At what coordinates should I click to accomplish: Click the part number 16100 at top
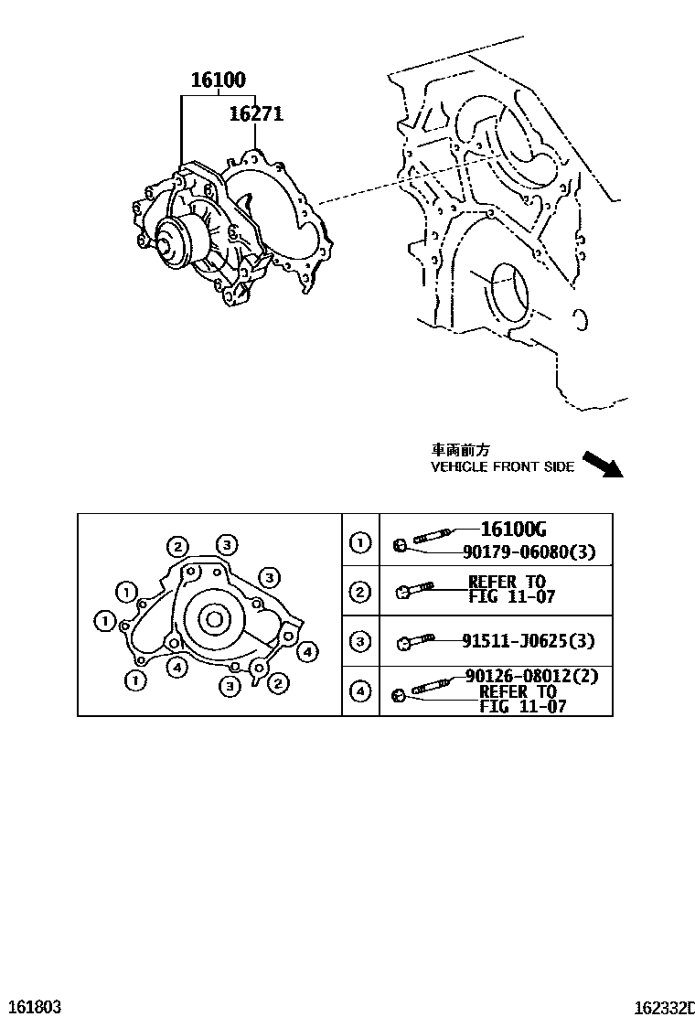(218, 80)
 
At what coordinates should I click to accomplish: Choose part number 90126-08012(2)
(518, 676)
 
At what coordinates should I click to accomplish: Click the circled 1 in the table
(361, 544)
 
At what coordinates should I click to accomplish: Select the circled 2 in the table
(361, 592)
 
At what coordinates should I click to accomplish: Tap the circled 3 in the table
(361, 642)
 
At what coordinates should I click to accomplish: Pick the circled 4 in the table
(361, 691)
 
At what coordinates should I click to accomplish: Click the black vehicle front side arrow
(602, 464)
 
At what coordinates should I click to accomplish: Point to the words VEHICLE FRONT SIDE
(502, 467)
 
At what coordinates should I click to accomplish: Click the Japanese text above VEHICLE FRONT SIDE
(461, 450)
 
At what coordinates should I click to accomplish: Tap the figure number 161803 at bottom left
(31, 1007)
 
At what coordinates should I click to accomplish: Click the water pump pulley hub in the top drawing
(167, 242)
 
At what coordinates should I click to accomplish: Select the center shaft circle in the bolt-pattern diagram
(214, 621)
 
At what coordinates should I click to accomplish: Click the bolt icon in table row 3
(416, 643)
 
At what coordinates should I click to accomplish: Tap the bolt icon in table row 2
(416, 591)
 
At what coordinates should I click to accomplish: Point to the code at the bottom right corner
(665, 1007)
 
